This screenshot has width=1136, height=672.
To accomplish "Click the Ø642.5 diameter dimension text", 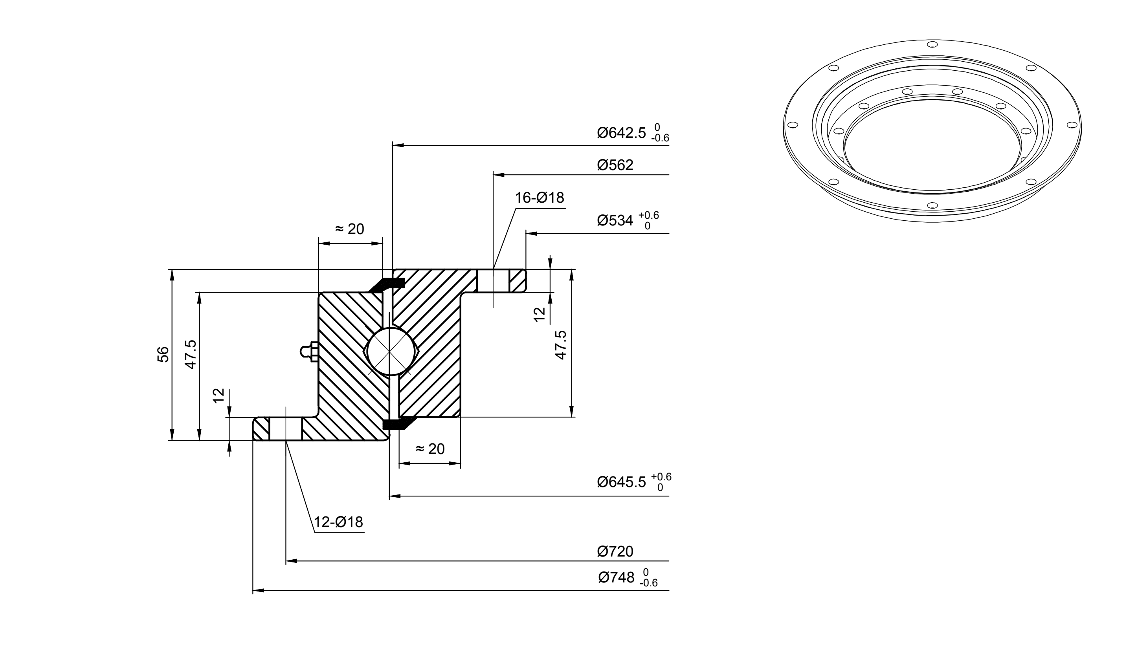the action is (622, 133).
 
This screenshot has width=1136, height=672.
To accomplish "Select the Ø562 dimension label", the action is (615, 165).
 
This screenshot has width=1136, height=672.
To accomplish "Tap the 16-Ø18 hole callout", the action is (540, 198).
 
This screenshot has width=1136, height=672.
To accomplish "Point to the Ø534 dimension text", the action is (615, 220).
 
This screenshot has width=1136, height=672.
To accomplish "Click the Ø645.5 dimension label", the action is (622, 482).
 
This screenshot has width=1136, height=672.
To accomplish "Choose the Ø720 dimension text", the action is (615, 551).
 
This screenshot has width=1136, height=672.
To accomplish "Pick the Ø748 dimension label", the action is (616, 577).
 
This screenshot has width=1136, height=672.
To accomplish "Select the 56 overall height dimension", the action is (163, 355).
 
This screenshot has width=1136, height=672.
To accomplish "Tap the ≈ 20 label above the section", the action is (349, 229).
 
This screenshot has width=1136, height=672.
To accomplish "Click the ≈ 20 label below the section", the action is (430, 449).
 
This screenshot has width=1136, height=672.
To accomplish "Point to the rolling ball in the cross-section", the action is (389, 352).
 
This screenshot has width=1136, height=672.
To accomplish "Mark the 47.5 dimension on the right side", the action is (561, 345).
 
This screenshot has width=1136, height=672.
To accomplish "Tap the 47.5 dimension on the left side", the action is (191, 354).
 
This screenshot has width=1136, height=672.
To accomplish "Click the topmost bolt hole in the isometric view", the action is (932, 44).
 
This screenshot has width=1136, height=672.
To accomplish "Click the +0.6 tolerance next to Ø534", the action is (649, 215).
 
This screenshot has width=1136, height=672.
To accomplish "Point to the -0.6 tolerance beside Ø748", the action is (649, 583).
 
